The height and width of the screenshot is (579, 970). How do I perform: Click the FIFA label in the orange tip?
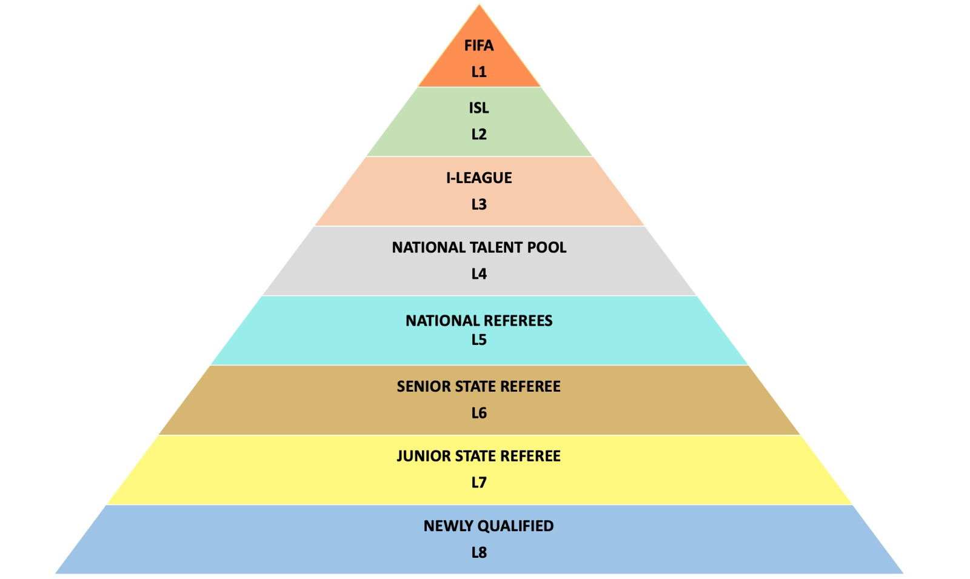[479, 45]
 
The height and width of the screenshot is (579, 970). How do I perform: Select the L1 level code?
[479, 72]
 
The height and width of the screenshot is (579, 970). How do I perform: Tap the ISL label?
[479, 108]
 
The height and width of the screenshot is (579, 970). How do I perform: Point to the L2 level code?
[479, 134]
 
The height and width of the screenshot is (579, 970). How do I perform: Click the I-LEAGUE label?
[479, 178]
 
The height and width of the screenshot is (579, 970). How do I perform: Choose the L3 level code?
[479, 204]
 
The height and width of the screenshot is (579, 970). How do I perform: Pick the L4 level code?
[479, 274]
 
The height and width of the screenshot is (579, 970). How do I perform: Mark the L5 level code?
[479, 340]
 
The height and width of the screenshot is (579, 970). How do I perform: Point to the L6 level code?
[479, 413]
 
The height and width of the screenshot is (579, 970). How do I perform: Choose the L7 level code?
[479, 483]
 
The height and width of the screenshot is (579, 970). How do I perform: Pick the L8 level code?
[479, 552]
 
